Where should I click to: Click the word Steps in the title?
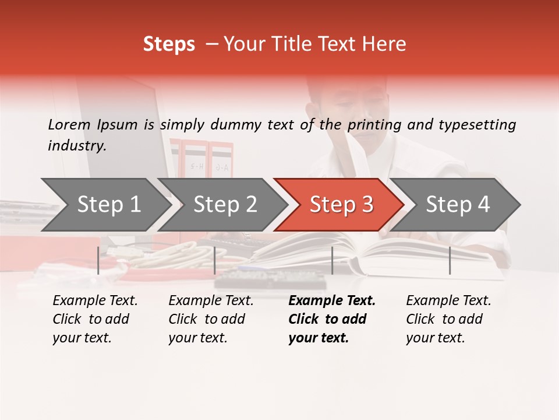point(169,44)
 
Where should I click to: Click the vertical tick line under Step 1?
point(98,260)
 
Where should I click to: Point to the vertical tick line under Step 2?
point(215,260)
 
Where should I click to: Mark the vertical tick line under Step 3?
point(332,260)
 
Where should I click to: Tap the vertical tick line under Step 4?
point(450,260)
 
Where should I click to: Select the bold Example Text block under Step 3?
point(332,319)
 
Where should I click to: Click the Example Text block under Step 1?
point(95,319)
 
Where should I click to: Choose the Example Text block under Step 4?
point(448,319)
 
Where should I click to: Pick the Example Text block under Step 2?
point(211,319)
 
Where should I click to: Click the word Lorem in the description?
point(69,124)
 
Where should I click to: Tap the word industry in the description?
point(76,146)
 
